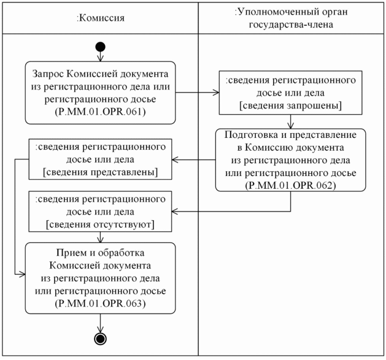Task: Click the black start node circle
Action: coord(100,47)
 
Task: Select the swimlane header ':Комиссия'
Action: coord(100,18)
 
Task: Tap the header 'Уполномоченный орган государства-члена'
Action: coord(291,18)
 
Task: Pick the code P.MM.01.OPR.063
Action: coord(100,304)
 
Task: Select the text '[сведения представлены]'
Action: coord(100,172)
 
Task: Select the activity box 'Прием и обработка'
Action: coord(100,278)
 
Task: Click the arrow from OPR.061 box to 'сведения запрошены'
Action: coord(196,93)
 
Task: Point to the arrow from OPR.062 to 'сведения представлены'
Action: coord(193,161)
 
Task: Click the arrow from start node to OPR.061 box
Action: coord(100,56)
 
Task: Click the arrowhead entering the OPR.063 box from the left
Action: coord(21,276)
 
